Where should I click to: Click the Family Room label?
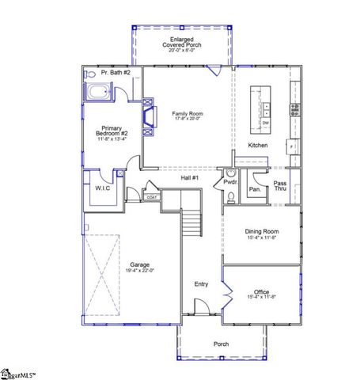pyautogui.click(x=188, y=116)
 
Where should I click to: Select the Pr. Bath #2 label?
pyautogui.click(x=104, y=72)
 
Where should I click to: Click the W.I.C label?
pyautogui.click(x=103, y=188)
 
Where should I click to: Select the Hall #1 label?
pyautogui.click(x=190, y=178)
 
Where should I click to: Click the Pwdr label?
pyautogui.click(x=230, y=181)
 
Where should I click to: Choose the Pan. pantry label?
pyautogui.click(x=255, y=189)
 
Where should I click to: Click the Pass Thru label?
pyautogui.click(x=280, y=186)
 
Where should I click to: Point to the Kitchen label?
pyautogui.click(x=258, y=146)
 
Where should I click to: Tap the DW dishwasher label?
pyautogui.click(x=265, y=123)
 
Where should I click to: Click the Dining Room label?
pyautogui.click(x=261, y=234)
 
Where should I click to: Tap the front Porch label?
pyautogui.click(x=222, y=344)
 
